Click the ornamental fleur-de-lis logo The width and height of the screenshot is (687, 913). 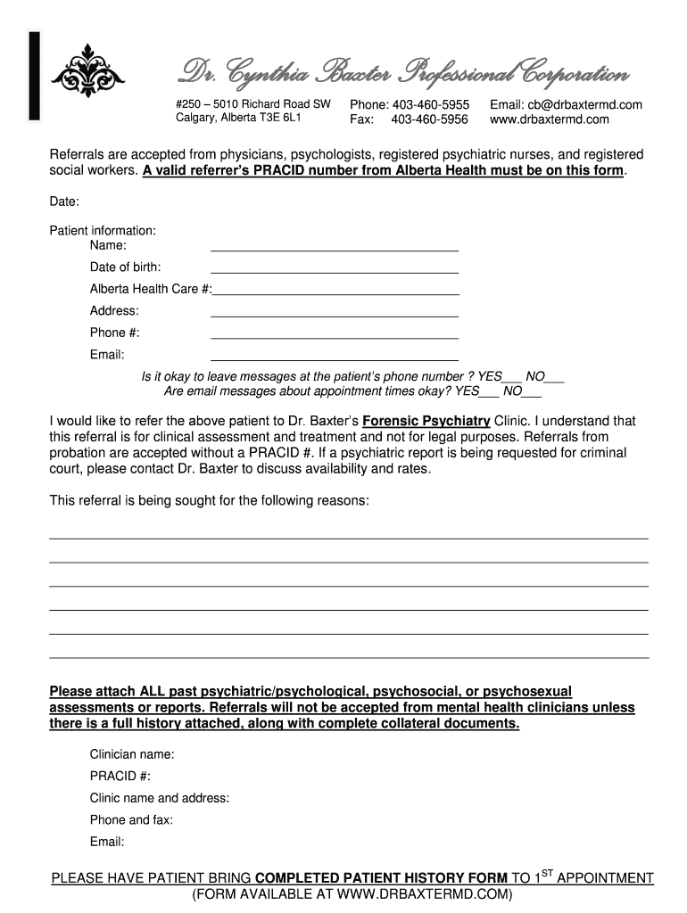point(87,71)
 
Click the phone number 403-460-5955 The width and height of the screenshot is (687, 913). point(431,105)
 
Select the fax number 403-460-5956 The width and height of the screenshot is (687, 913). point(429,119)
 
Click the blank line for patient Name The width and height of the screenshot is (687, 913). point(334,249)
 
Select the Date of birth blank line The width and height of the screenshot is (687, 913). point(334,270)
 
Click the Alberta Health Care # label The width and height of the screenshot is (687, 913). point(150,289)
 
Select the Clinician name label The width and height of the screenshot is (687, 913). point(132,754)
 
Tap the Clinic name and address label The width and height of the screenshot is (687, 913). point(160,798)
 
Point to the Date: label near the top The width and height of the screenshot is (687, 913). point(64,202)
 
